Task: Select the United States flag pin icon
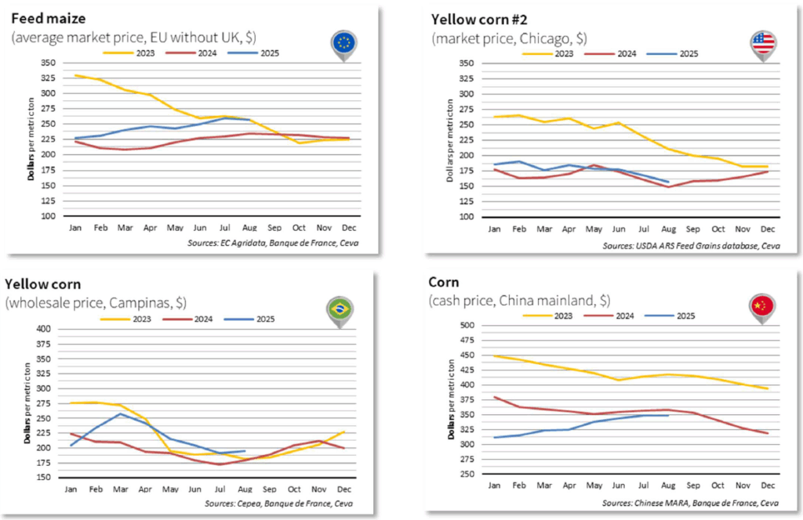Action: (x=762, y=44)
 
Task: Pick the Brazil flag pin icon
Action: (x=339, y=309)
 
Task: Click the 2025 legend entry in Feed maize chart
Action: (x=253, y=53)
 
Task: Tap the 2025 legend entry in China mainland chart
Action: (x=673, y=316)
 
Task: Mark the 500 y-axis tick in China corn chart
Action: (x=466, y=325)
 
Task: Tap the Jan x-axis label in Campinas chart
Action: (x=71, y=489)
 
